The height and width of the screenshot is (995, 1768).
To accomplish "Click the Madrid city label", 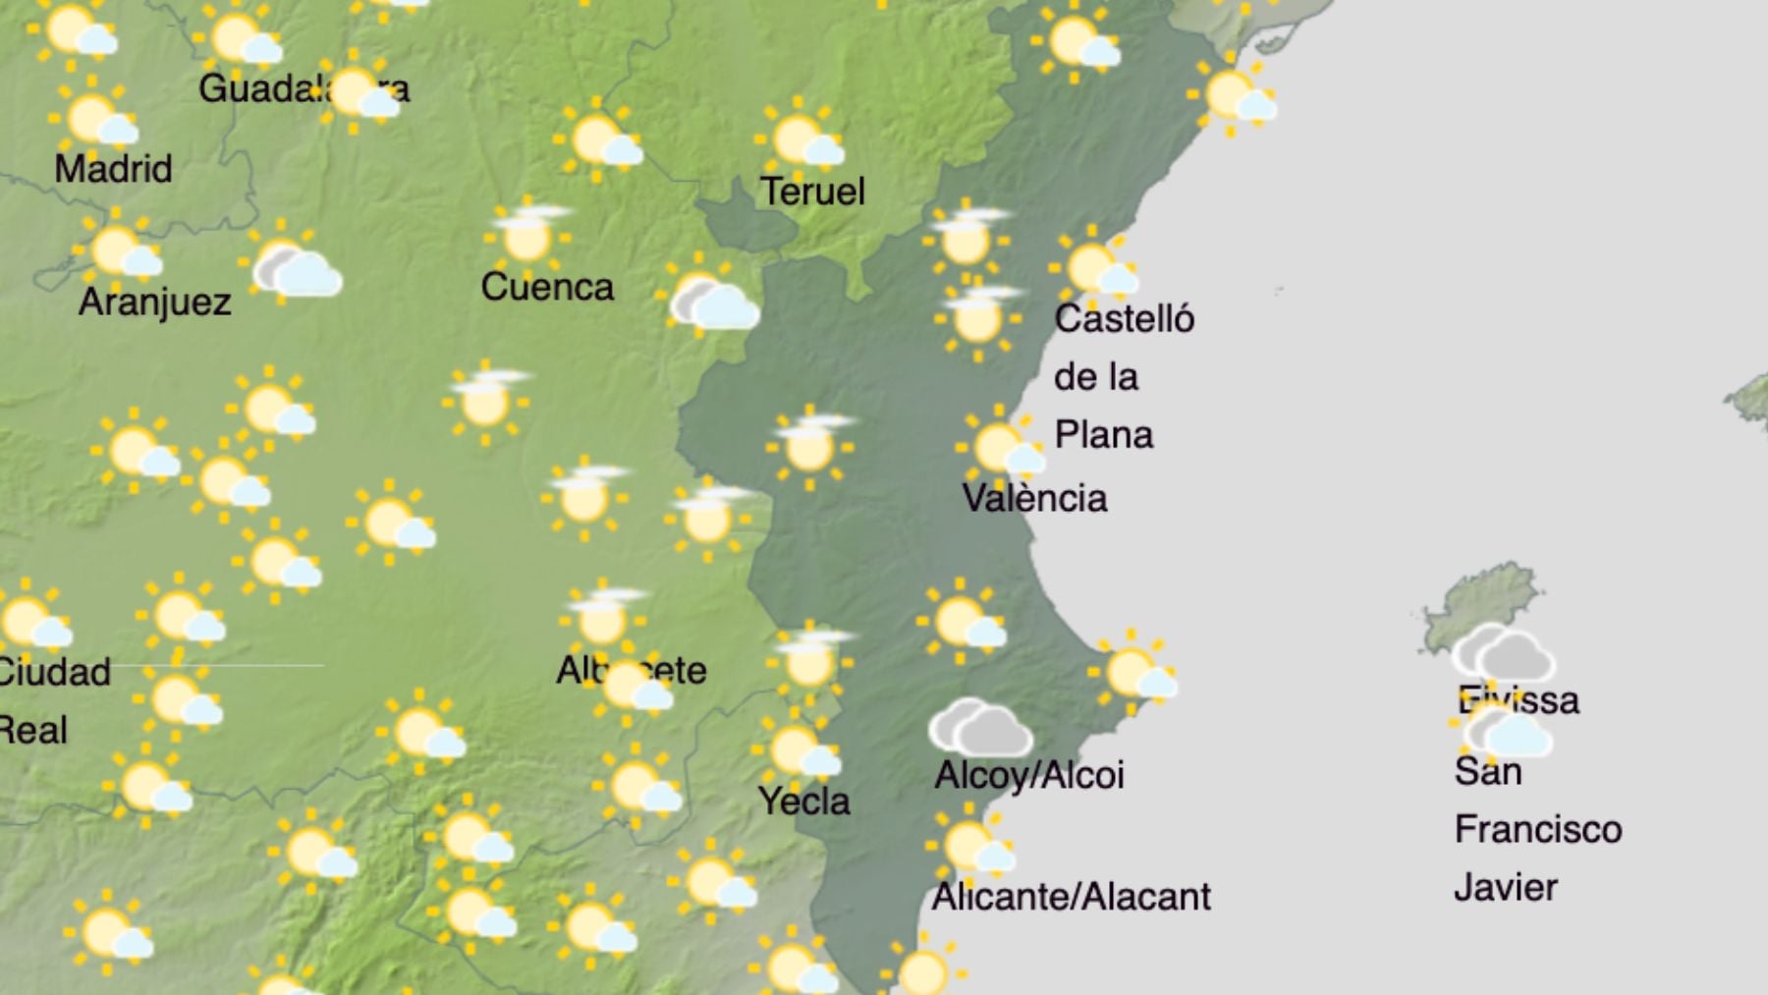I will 113,169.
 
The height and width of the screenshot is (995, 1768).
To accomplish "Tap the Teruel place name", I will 812,192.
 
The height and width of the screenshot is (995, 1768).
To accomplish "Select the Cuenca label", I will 547,287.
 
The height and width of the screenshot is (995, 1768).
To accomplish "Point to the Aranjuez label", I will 154,302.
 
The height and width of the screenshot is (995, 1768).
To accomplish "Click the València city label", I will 1034,498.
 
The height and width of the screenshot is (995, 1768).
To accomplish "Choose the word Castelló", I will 1124,319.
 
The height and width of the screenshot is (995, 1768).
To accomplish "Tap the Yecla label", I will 803,802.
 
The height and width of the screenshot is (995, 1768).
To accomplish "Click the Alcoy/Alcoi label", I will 1028,775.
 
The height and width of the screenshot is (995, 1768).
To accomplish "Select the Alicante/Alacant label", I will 1071,897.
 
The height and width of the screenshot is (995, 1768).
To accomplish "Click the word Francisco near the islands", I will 1537,830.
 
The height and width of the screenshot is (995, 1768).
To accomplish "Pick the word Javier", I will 1505,888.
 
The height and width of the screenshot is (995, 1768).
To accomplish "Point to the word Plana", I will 1103,435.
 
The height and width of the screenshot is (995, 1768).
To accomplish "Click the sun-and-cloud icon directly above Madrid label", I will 94,120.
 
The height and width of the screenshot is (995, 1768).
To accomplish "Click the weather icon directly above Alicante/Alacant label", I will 970,847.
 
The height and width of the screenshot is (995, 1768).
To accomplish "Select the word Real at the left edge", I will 33,731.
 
